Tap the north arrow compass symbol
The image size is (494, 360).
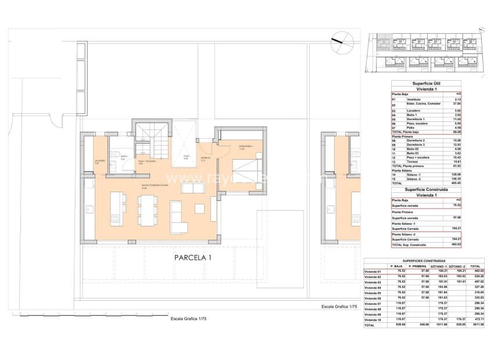click(x=341, y=42)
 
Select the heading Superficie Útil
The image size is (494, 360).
click(x=426, y=83)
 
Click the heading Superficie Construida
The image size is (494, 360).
click(x=426, y=189)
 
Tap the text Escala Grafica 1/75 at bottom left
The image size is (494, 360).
click(x=189, y=318)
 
